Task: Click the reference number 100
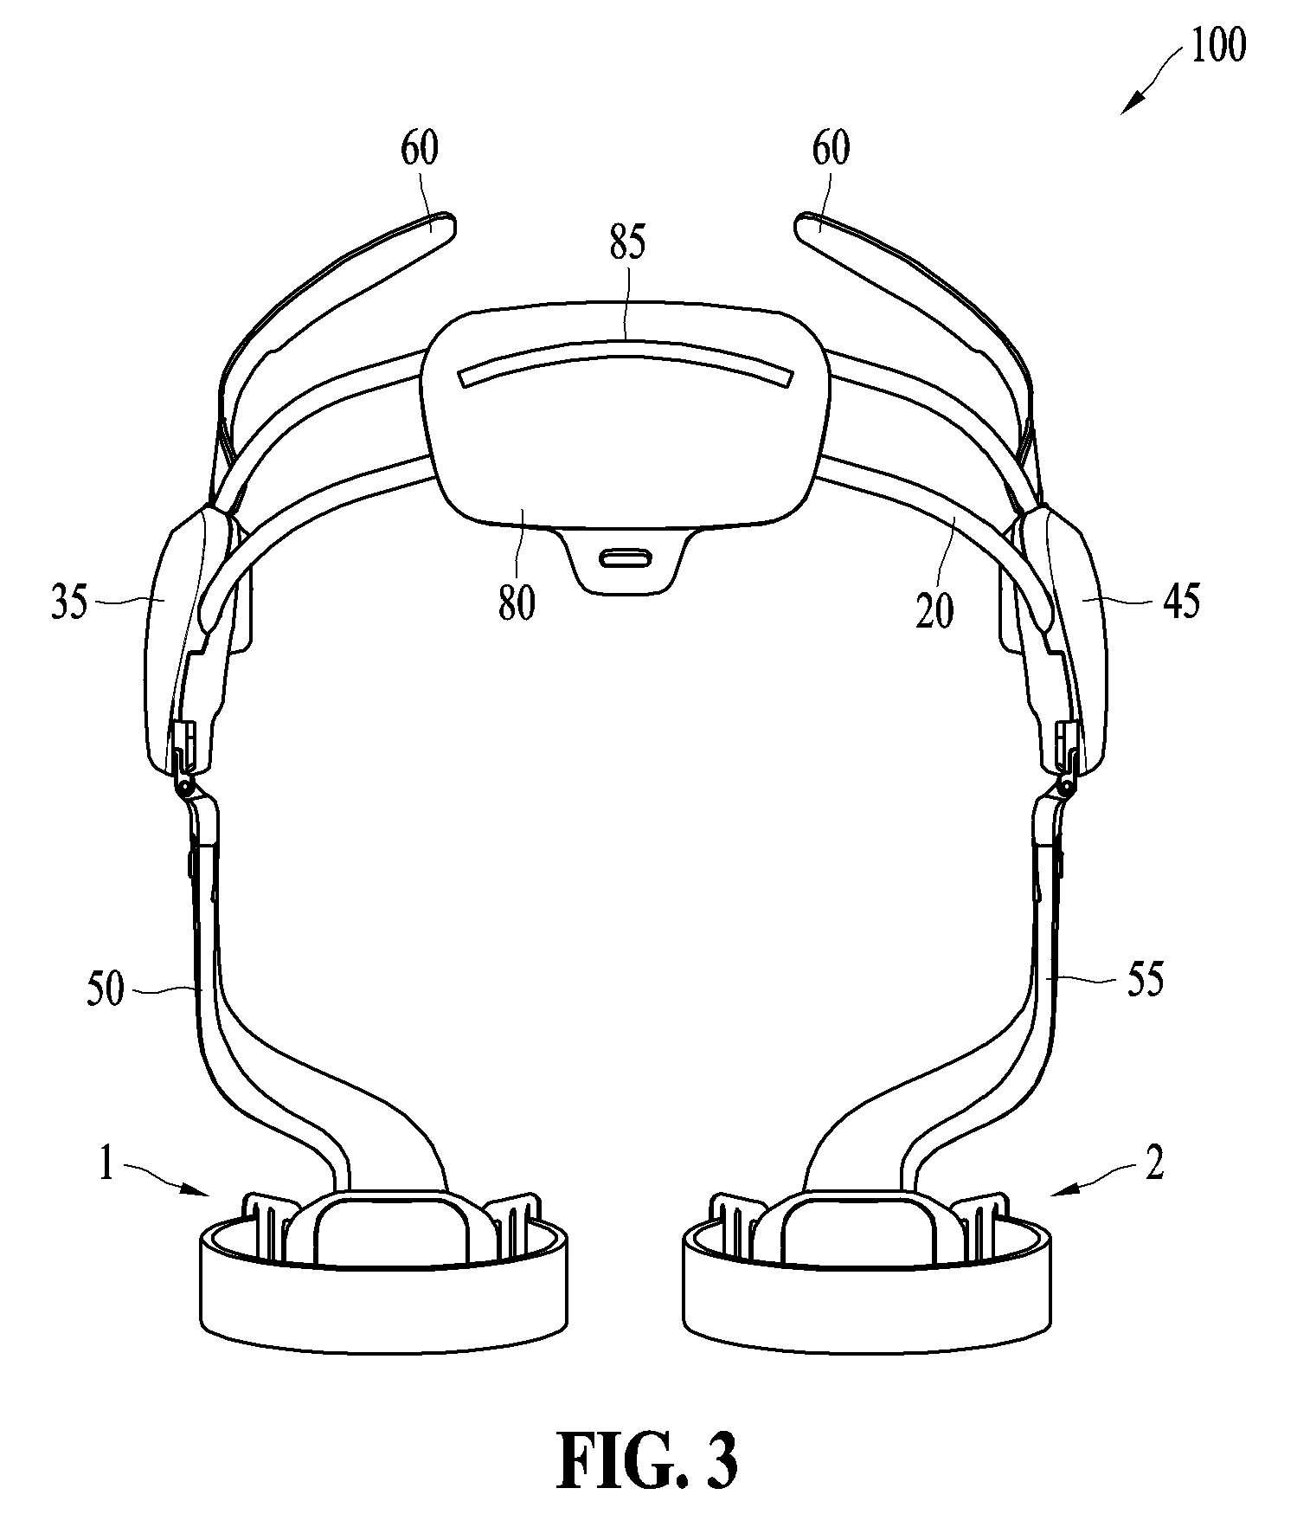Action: coord(1217,45)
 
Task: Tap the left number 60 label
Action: coord(420,149)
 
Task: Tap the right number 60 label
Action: coord(831,149)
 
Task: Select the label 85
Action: coord(627,244)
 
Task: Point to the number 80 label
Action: coord(517,602)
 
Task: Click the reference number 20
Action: coord(934,611)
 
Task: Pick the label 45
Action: coord(1182,602)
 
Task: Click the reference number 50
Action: coord(105,989)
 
